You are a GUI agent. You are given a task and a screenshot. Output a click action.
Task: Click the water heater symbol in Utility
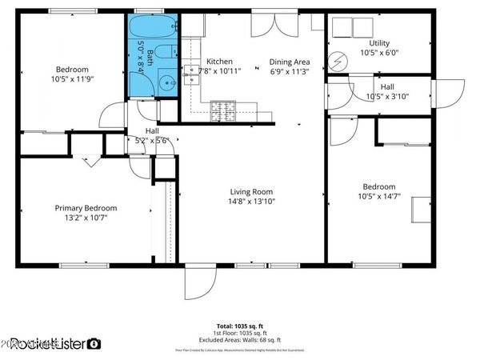point(338,62)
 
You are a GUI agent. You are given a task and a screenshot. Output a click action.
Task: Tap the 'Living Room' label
point(252,191)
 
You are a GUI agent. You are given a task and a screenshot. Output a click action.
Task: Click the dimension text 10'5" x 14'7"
point(379,198)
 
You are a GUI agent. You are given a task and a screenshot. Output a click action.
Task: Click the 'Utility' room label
point(379,42)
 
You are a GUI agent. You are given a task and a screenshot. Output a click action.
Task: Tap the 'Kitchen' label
point(219,62)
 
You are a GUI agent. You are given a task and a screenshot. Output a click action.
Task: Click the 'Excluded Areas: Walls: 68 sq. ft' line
point(240,341)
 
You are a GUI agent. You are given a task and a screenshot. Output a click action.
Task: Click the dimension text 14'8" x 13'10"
point(252,202)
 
